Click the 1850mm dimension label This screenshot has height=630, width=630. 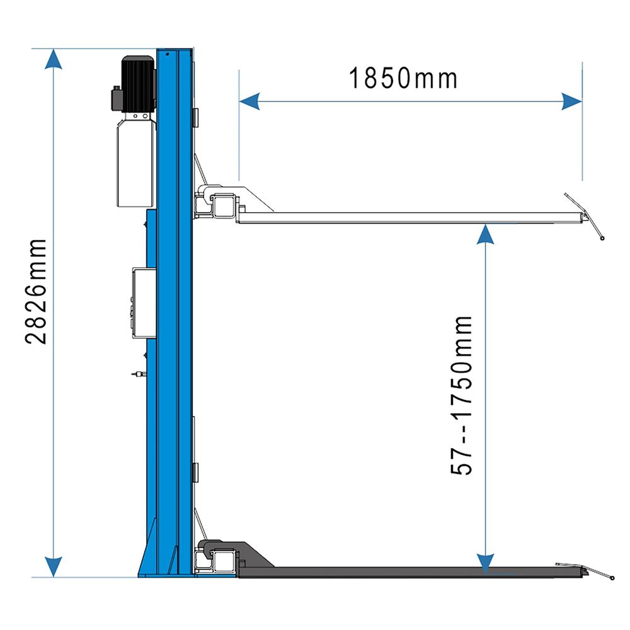point(403,78)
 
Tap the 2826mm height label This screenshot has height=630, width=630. point(36,291)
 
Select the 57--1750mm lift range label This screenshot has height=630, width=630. point(461,396)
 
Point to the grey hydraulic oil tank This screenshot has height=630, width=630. point(136,163)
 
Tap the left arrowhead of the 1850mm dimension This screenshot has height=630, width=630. point(249,101)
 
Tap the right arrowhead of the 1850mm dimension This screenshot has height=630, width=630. point(572,101)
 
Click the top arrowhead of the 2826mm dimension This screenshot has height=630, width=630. point(54,59)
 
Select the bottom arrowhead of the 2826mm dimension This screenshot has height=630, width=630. point(54,566)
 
